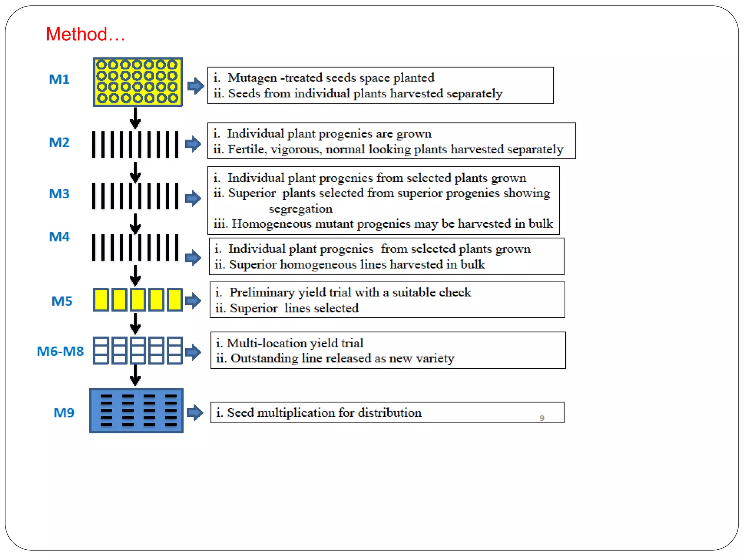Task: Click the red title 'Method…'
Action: click(x=85, y=35)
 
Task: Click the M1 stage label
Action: click(x=59, y=79)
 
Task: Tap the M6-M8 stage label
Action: click(x=60, y=351)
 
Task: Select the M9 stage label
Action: click(x=64, y=413)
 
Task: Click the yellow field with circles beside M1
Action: click(x=138, y=82)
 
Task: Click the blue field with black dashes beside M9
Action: click(x=136, y=411)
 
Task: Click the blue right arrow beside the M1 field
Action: click(x=196, y=86)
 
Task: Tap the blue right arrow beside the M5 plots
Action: click(x=193, y=300)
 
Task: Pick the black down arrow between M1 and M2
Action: click(x=135, y=118)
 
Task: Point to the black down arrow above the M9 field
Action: click(x=135, y=375)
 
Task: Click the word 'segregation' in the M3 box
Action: click(x=300, y=209)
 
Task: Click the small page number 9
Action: click(x=542, y=418)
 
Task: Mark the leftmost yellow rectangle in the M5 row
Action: click(x=101, y=300)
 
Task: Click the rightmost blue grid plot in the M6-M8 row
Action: click(x=175, y=351)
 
